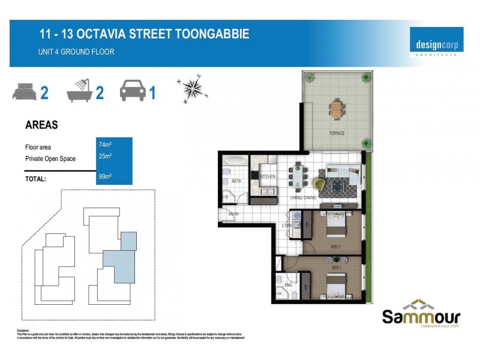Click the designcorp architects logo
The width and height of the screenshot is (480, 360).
(x=436, y=41)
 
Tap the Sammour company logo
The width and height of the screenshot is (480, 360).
(x=421, y=313)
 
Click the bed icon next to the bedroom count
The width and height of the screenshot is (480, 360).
(x=25, y=93)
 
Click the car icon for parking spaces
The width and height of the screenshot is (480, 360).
(x=133, y=92)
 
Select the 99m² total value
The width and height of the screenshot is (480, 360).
(x=105, y=177)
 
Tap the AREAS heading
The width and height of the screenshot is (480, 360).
(x=41, y=125)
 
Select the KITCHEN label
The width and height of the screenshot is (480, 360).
(x=267, y=176)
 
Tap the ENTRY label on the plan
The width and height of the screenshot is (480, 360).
(x=233, y=214)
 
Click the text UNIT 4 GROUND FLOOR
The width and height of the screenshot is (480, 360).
(x=76, y=52)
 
